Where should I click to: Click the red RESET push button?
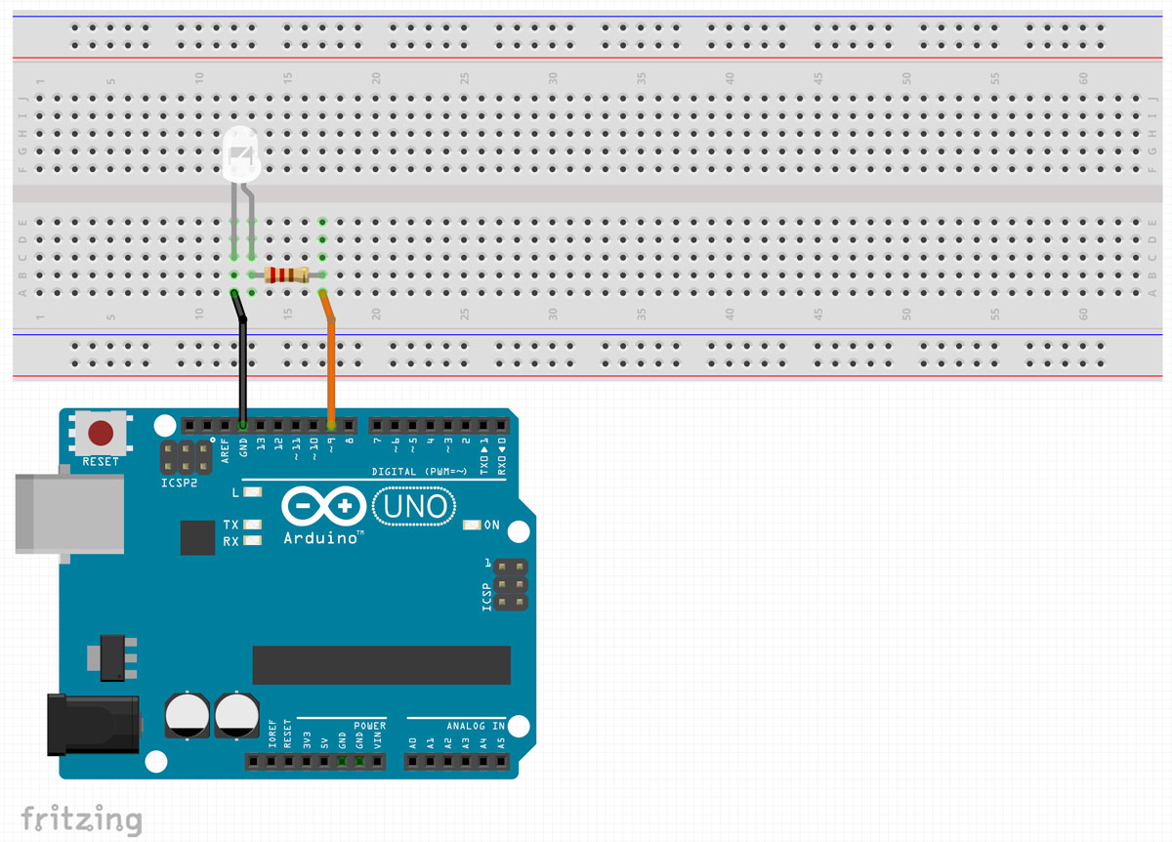pos(101,432)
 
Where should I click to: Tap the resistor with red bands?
pos(286,275)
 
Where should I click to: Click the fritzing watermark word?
pos(81,819)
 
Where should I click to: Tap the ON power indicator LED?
pos(472,525)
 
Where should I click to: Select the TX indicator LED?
pos(253,525)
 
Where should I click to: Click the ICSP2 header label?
pos(179,484)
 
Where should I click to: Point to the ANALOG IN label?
pos(476,726)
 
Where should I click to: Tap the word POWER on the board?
pos(370,726)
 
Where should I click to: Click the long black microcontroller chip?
pos(381,664)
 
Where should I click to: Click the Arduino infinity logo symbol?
pos(323,507)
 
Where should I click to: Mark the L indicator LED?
pos(253,492)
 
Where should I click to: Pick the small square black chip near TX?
pos(197,537)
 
